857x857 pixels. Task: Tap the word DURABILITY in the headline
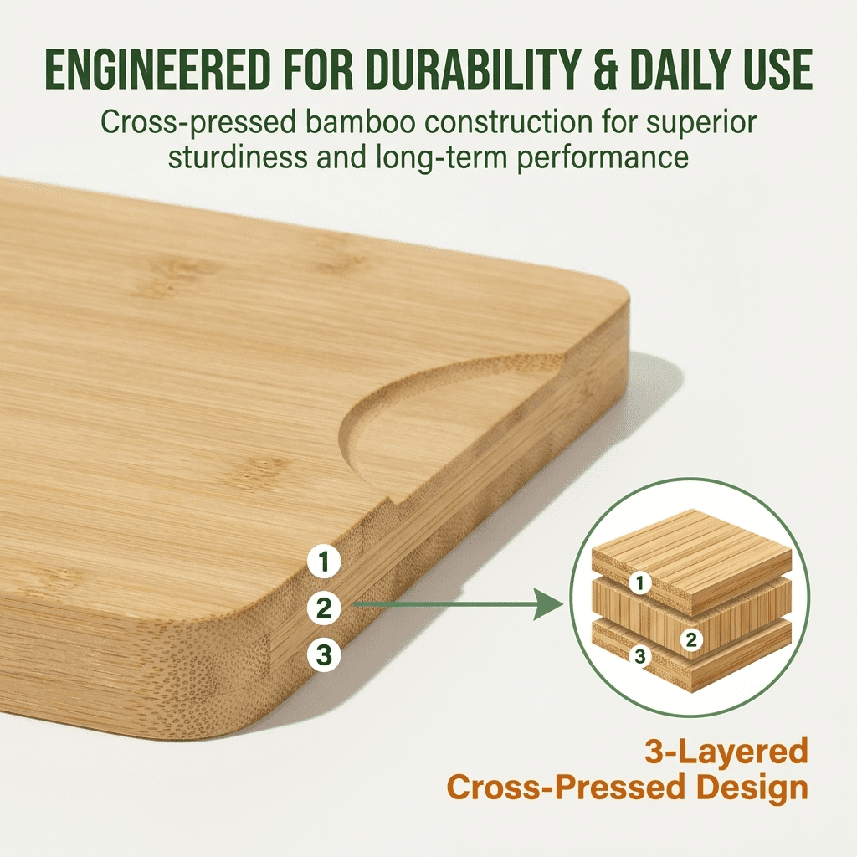tap(445, 72)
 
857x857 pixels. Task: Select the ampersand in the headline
tap(595, 72)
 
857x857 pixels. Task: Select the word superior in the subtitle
tap(703, 123)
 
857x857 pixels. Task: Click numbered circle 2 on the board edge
tap(323, 608)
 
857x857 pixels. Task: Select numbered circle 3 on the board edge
tap(323, 654)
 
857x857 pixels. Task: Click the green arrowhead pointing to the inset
tap(548, 603)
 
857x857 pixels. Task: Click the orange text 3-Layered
tap(726, 751)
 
